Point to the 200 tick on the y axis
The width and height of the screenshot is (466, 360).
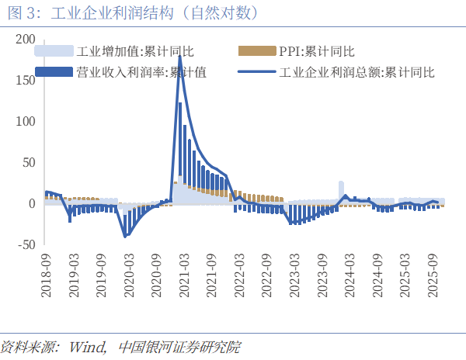pos(26,40)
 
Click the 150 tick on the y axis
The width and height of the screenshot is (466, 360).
pos(26,81)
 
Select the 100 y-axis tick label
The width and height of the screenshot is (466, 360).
pos(26,122)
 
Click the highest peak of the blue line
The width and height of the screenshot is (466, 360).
pos(180,57)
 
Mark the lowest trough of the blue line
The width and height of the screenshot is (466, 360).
pos(126,236)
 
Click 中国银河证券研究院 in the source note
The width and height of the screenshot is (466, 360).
pos(179,345)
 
